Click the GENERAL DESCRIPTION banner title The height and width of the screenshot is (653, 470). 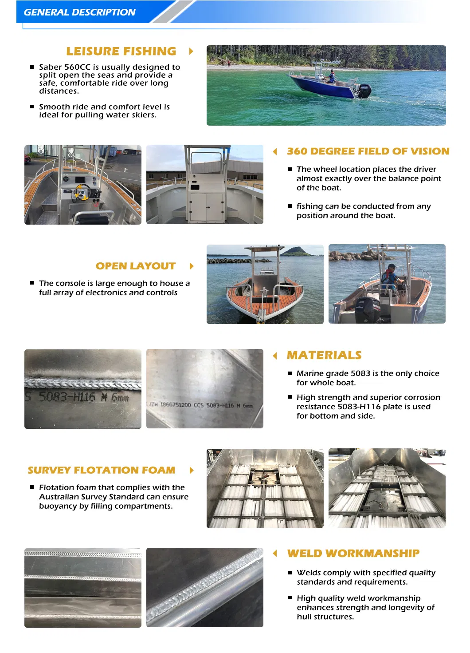tap(79, 12)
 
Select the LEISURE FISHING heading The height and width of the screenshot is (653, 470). tap(121, 51)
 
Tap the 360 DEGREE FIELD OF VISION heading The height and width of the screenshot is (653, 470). tap(368, 151)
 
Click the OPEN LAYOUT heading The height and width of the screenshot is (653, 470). tap(136, 266)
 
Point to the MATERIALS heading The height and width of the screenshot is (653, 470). tap(324, 356)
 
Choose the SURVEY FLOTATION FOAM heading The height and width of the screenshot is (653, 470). tap(101, 470)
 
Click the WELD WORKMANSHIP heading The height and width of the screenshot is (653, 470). tap(353, 554)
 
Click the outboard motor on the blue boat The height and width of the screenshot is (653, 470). tap(364, 90)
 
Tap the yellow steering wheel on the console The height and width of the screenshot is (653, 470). tap(82, 192)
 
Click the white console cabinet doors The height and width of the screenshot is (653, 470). tap(206, 206)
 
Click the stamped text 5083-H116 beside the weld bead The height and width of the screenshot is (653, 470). tap(67, 396)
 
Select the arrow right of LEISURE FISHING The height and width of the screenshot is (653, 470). tap(191, 51)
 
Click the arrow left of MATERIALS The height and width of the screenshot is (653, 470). tap(275, 356)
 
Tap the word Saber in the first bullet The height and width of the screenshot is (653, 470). tap(50, 67)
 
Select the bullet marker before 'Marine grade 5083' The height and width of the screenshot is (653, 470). tap(290, 373)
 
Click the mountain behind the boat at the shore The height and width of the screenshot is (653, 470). tap(297, 252)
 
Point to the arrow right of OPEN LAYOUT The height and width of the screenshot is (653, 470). tap(192, 266)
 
